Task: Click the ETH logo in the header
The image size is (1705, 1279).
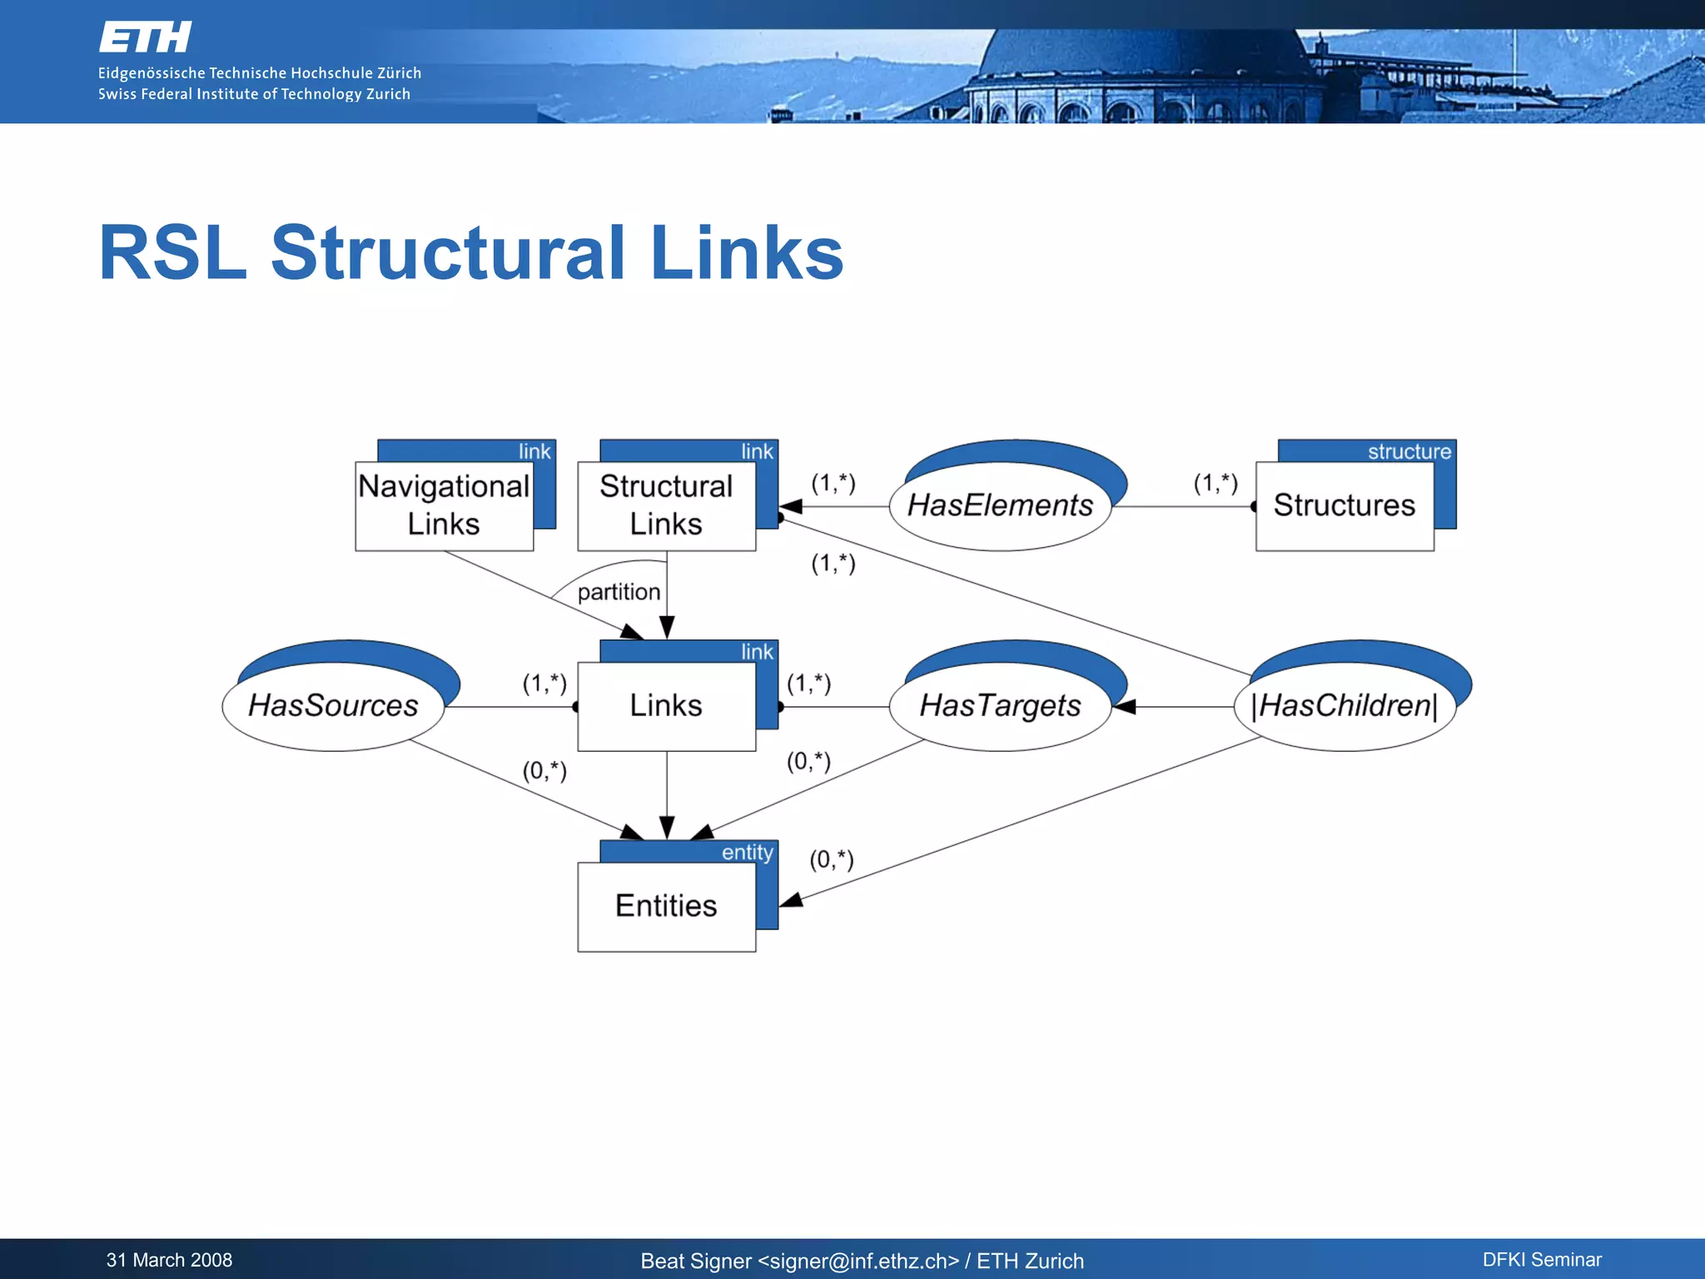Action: [146, 37]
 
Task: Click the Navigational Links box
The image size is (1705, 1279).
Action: [444, 505]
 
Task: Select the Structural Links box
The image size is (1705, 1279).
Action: [666, 505]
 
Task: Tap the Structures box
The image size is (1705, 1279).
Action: [1344, 505]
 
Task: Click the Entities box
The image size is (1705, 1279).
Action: [666, 906]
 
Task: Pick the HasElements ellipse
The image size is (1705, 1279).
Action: [1000, 505]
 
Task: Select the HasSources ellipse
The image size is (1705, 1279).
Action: [333, 706]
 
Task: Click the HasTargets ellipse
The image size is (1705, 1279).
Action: [1000, 706]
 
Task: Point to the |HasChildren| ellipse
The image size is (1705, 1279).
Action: [1345, 706]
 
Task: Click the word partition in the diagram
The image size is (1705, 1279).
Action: [619, 592]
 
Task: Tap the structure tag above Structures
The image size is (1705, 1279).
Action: [1409, 451]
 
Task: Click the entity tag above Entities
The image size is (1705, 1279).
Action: [747, 852]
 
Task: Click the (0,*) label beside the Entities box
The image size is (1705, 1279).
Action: [832, 859]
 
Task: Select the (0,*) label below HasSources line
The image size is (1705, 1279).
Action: [544, 771]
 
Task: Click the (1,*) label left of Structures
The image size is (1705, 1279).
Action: [1215, 483]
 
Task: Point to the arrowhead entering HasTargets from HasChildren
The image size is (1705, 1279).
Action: [1124, 707]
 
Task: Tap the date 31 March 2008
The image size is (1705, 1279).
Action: [169, 1260]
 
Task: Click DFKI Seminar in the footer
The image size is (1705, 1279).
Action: [1542, 1260]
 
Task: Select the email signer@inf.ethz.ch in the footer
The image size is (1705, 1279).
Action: [858, 1262]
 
